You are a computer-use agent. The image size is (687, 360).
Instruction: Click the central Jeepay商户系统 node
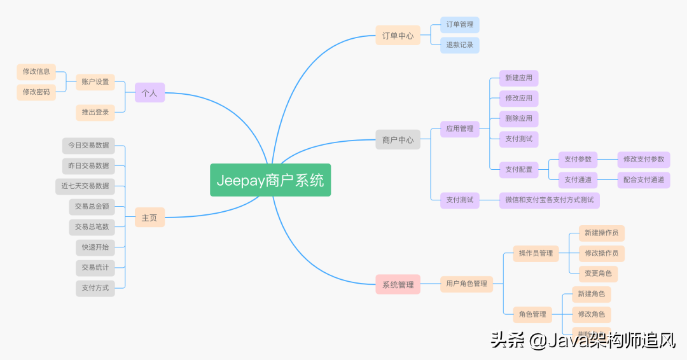click(x=270, y=180)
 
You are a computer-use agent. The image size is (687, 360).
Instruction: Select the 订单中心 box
click(x=398, y=36)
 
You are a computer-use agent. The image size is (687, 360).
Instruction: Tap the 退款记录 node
click(x=459, y=45)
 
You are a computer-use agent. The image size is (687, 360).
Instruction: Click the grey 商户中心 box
click(x=398, y=140)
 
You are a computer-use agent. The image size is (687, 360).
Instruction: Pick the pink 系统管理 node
click(x=398, y=285)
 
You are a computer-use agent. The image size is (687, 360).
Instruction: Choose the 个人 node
click(x=149, y=93)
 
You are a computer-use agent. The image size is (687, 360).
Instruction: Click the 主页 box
click(x=149, y=218)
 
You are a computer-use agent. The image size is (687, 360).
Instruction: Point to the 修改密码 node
click(x=36, y=92)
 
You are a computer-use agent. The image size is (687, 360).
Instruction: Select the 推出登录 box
click(x=95, y=112)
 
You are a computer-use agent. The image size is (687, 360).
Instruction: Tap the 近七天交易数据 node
click(x=85, y=186)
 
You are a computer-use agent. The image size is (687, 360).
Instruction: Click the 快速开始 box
click(x=95, y=247)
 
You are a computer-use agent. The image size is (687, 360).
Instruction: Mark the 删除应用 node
click(x=518, y=118)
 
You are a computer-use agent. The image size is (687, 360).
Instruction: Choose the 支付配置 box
click(x=518, y=169)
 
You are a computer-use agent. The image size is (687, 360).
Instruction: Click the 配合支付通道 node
click(x=644, y=179)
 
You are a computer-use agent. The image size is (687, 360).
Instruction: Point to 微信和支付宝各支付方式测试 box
click(x=550, y=200)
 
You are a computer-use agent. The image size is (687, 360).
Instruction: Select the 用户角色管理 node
click(x=466, y=283)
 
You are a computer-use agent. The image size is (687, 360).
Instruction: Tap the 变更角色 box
click(x=598, y=273)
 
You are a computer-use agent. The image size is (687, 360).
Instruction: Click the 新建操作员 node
click(x=601, y=233)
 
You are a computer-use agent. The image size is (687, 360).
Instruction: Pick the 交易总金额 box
click(x=92, y=207)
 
